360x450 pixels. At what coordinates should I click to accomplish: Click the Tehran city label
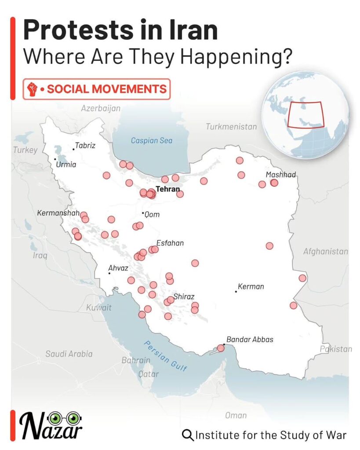point(168,189)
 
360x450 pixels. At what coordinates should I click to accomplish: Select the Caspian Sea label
point(152,141)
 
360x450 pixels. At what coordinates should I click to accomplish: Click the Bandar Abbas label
point(249,339)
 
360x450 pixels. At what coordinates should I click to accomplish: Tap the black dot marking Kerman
point(236,291)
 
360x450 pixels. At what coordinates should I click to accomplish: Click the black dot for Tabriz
point(73,149)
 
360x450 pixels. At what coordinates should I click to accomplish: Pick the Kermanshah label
point(58,213)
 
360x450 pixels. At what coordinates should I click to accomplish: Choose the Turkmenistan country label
point(231,127)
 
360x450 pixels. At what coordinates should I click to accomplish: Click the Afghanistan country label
point(325,252)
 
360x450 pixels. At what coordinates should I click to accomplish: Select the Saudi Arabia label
point(69,353)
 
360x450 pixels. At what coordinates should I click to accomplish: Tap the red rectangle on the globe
point(305,114)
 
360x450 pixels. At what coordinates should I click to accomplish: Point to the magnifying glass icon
point(188,435)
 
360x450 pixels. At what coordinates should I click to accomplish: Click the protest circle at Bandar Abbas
point(221,348)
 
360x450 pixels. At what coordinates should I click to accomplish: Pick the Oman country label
point(236,415)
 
